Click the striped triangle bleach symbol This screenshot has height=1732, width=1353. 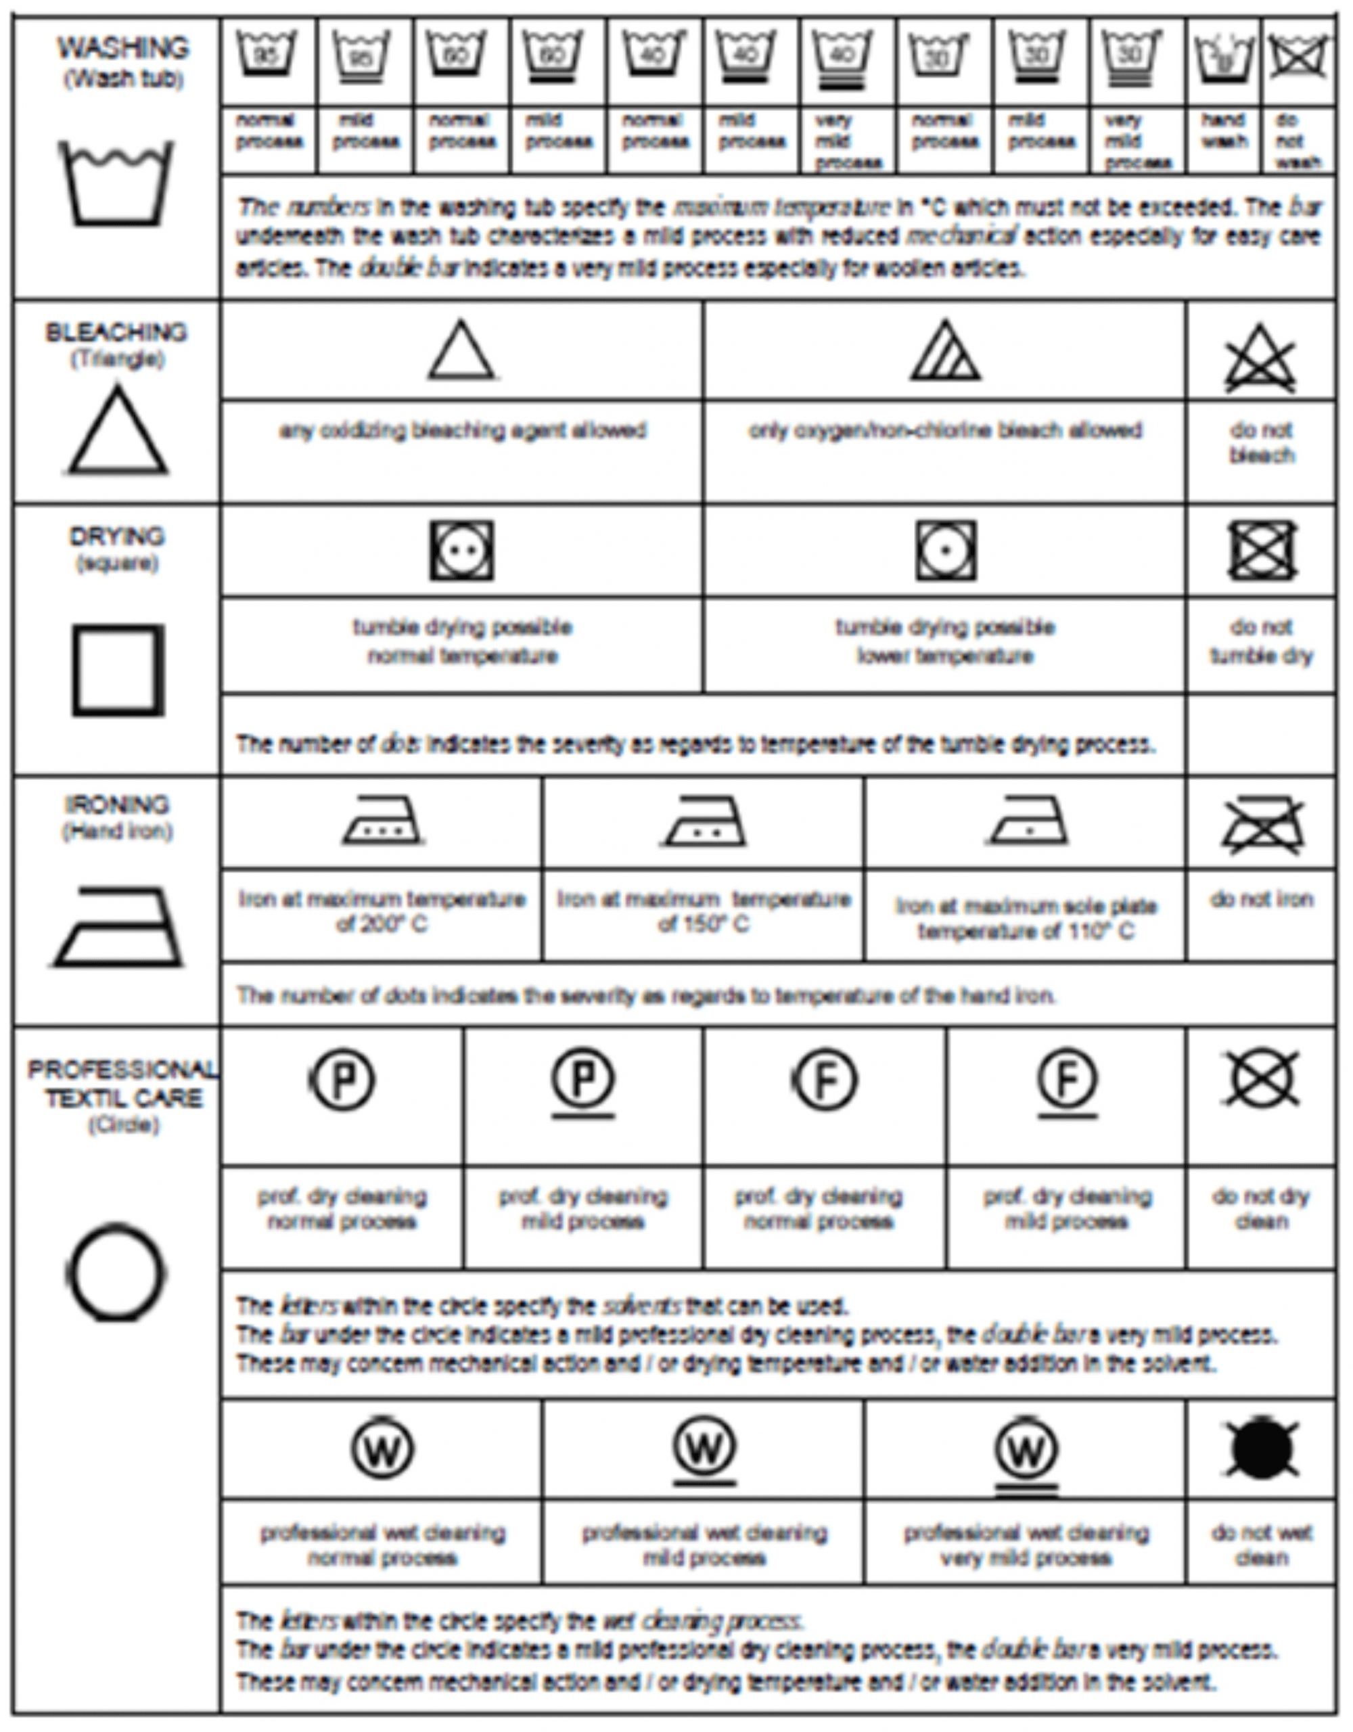tap(944, 350)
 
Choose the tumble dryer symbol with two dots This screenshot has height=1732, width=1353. tap(461, 550)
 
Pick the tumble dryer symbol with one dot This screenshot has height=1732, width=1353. tap(944, 550)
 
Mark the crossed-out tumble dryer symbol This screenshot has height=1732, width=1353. tap(1261, 550)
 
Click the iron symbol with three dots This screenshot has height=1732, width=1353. tap(382, 821)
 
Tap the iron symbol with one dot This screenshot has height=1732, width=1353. tap(1028, 821)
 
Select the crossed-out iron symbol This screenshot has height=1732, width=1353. tap(1262, 825)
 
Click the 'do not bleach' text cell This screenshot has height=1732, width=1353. tap(1261, 442)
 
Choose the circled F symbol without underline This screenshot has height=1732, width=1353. tap(825, 1080)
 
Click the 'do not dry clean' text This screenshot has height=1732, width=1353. tap(1261, 1208)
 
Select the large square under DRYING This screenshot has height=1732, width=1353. tap(118, 670)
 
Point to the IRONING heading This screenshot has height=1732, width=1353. tap(118, 805)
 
